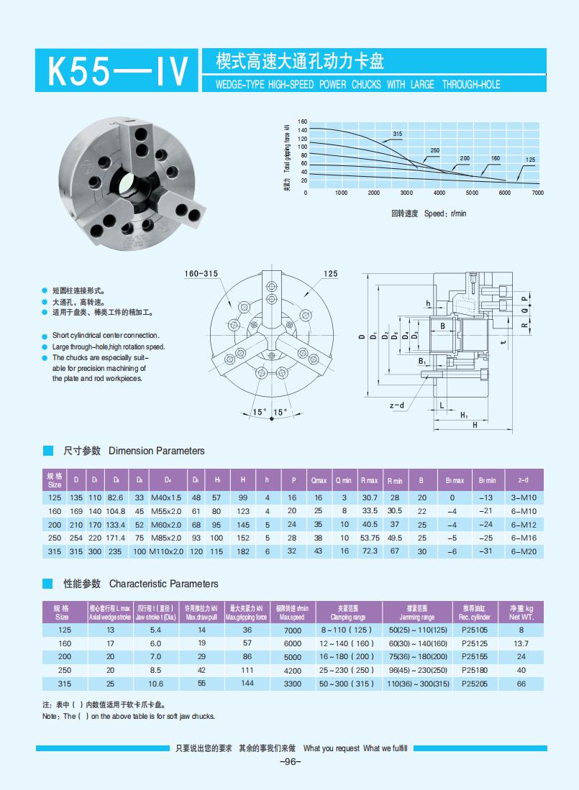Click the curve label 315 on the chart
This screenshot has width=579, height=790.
(397, 134)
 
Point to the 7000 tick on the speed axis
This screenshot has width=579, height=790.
(537, 193)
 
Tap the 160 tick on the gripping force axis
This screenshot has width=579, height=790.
(302, 121)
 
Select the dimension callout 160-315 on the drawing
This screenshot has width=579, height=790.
(201, 274)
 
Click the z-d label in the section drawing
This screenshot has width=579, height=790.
(397, 405)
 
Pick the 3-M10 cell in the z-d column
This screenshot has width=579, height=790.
(523, 497)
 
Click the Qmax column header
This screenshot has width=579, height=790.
(319, 480)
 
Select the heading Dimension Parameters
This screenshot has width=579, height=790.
(156, 451)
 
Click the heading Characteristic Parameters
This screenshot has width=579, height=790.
(163, 584)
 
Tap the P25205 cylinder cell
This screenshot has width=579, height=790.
(474, 684)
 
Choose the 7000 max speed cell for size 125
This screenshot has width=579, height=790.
(293, 630)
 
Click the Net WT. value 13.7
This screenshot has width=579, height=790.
(521, 643)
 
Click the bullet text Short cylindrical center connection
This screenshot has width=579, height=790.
(106, 336)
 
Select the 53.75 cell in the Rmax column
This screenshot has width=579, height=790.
(370, 538)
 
